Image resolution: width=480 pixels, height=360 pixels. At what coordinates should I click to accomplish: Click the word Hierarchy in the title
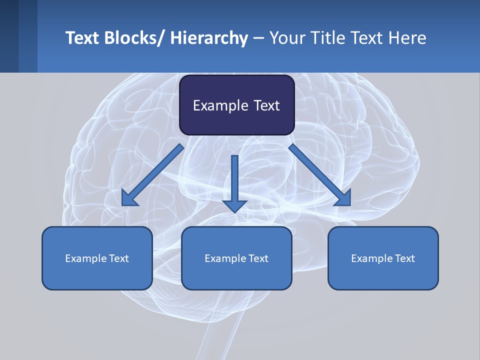coord(209,38)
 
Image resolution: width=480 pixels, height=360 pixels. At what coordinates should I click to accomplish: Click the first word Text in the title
coord(82,38)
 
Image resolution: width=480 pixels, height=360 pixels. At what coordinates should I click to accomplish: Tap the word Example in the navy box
coord(220,106)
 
